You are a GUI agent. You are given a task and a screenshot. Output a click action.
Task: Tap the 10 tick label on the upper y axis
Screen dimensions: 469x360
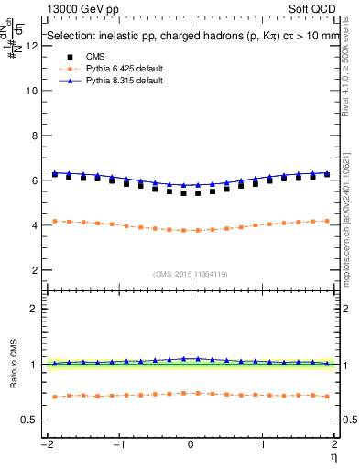(x=31, y=92)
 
